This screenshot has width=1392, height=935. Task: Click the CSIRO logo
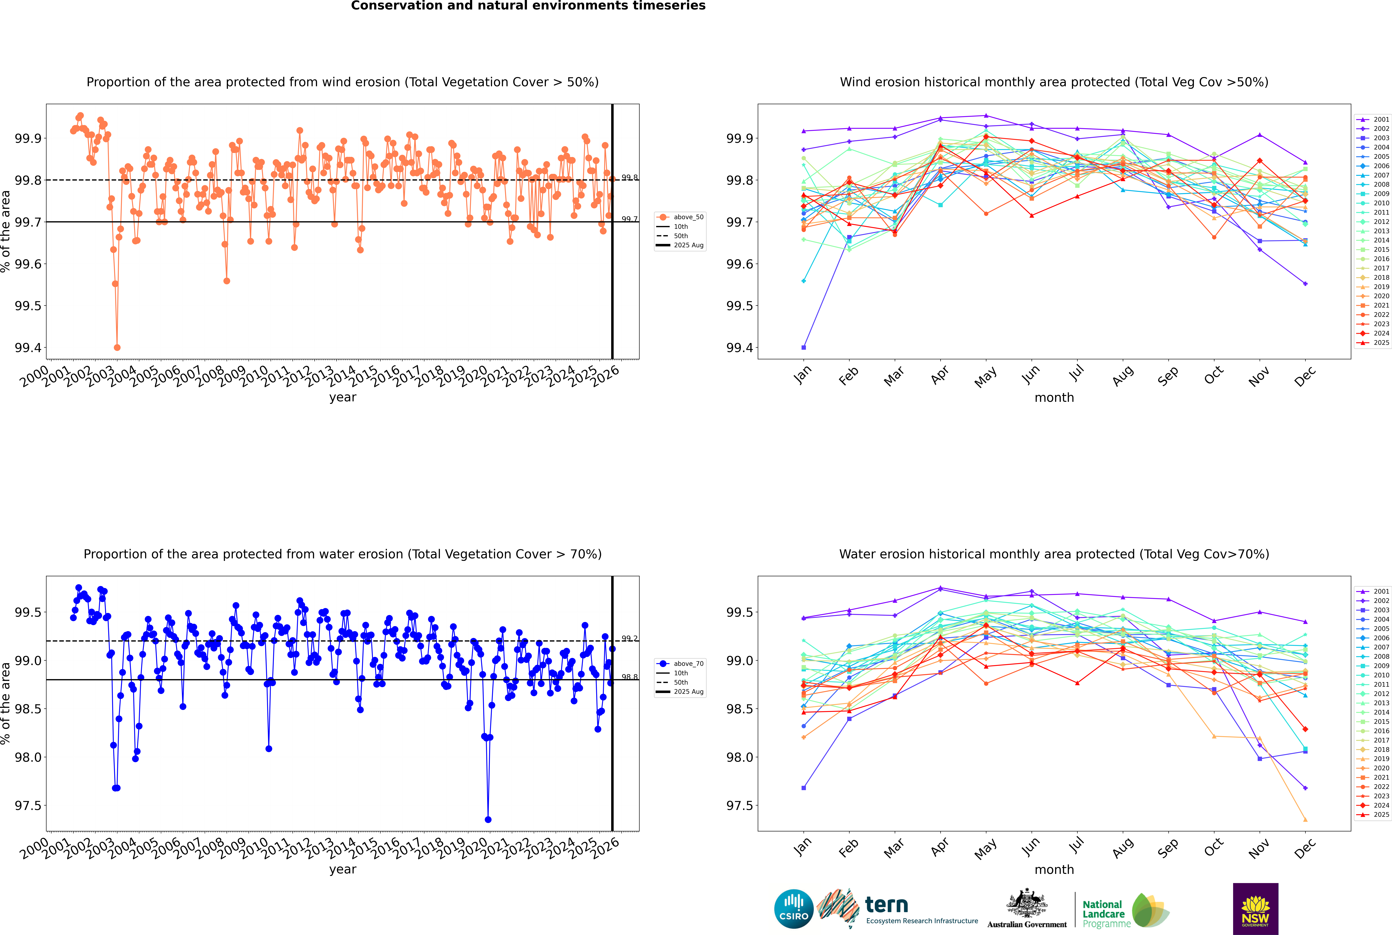coord(794,909)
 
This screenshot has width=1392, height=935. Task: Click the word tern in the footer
coord(887,905)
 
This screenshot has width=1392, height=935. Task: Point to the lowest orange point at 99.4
coord(117,348)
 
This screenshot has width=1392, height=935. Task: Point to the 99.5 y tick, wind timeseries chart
coord(28,306)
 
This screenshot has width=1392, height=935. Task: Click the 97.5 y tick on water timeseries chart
coord(28,806)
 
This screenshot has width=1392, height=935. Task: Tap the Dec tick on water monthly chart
coord(1305,848)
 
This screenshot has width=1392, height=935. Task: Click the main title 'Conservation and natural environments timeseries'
coord(528,6)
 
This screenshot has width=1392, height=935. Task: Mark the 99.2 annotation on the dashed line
coord(630,639)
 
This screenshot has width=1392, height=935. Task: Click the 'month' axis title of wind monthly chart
coord(1054,398)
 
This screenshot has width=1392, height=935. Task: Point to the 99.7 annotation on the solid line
coord(630,219)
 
